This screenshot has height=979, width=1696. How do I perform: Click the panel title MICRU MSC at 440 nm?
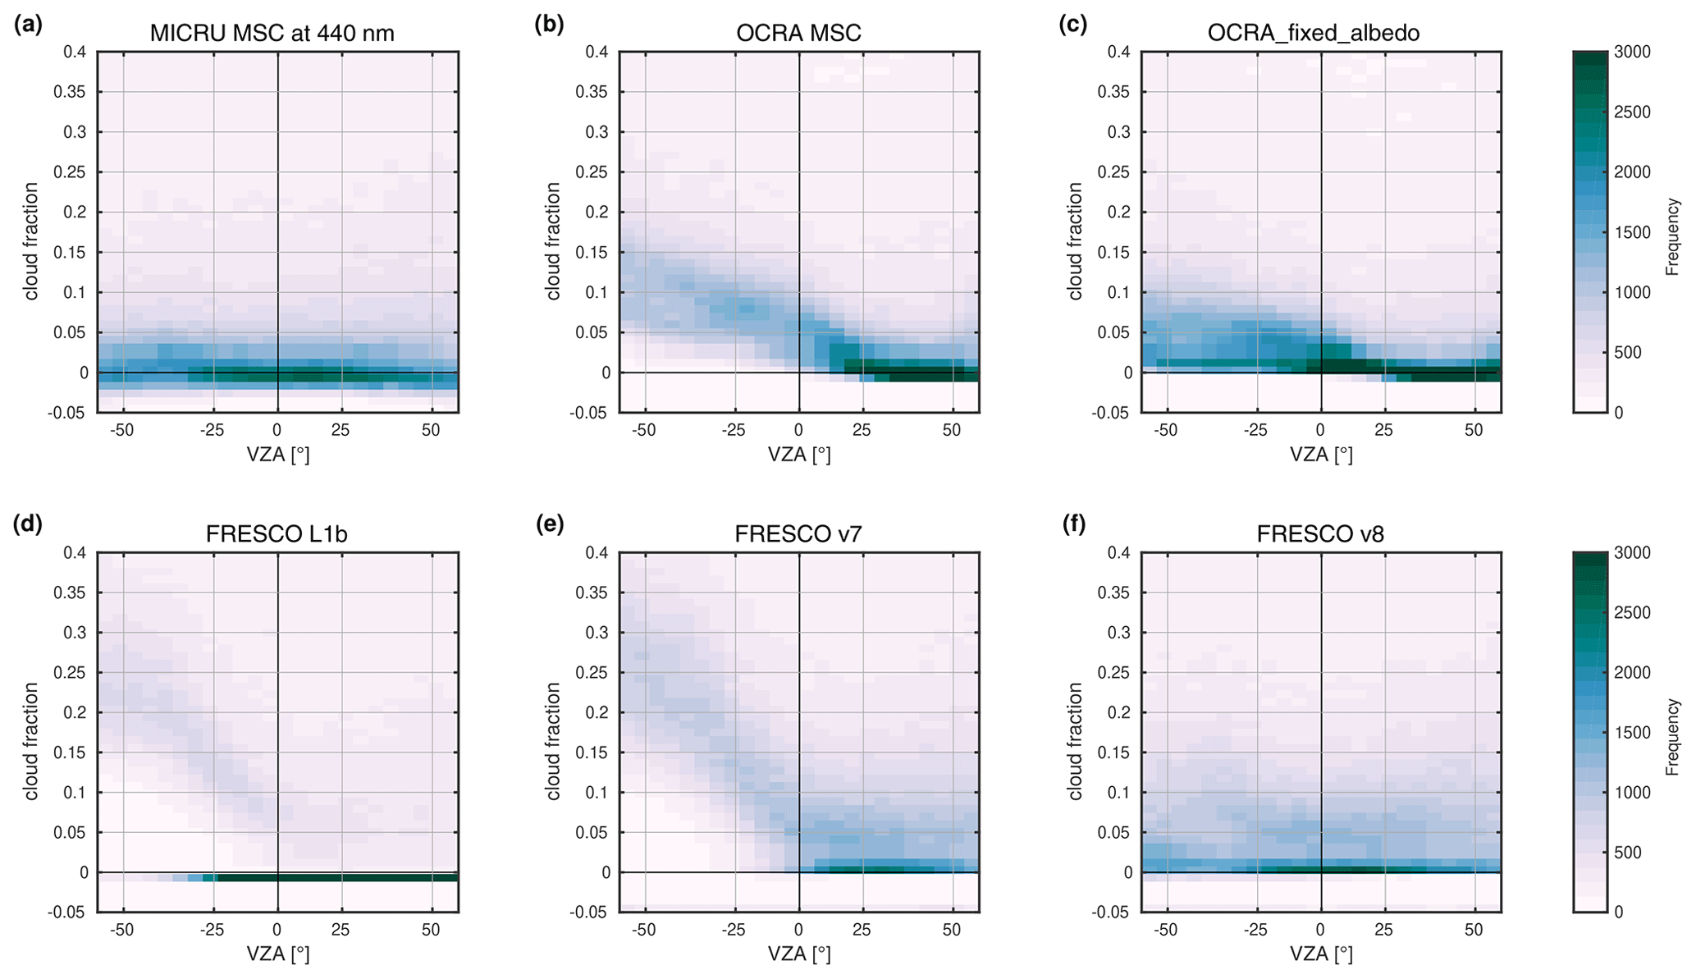point(272,33)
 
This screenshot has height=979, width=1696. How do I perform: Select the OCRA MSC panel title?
point(798,33)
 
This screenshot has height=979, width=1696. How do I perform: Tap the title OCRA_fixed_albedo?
point(1314,33)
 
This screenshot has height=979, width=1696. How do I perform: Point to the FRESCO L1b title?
point(277,534)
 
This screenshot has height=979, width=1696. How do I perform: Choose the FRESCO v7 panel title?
point(798,534)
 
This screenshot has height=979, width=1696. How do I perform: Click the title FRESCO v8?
point(1320,534)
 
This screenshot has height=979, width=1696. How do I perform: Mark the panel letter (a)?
point(28,25)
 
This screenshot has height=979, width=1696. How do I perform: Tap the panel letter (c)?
point(1072,25)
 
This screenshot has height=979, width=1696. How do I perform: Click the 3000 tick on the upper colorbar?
point(1632,52)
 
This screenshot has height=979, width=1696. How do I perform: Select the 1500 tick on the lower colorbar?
point(1632,733)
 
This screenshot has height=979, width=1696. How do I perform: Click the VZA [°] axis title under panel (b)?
point(799,454)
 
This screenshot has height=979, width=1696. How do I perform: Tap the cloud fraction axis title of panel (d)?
point(31,740)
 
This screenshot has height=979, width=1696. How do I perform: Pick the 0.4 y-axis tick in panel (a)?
point(75,52)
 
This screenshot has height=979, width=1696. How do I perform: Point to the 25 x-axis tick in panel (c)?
point(1384,429)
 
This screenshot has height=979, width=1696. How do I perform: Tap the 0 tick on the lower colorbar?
point(1619,912)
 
